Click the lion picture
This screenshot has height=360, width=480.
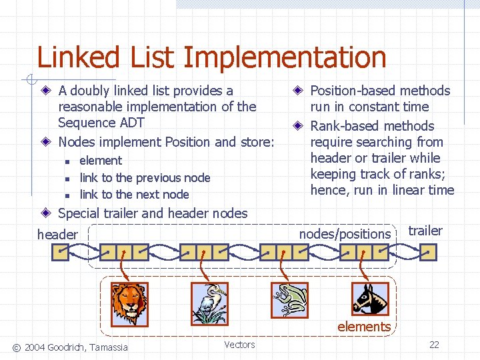(129, 303)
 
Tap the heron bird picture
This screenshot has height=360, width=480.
(209, 303)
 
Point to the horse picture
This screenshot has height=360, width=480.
(369, 298)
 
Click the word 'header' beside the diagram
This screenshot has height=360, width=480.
(57, 235)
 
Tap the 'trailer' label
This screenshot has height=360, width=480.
(425, 231)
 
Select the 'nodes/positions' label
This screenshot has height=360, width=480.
(345, 234)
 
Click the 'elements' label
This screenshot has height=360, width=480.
(364, 327)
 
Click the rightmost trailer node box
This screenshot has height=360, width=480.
(429, 252)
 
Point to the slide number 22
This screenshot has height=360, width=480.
(434, 345)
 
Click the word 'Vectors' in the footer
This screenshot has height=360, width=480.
(239, 345)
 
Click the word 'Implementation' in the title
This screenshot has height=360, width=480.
(285, 58)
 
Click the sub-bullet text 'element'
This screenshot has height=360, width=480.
(101, 161)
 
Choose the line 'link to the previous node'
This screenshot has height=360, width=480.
(145, 178)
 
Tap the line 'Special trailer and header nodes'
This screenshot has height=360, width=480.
(153, 213)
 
